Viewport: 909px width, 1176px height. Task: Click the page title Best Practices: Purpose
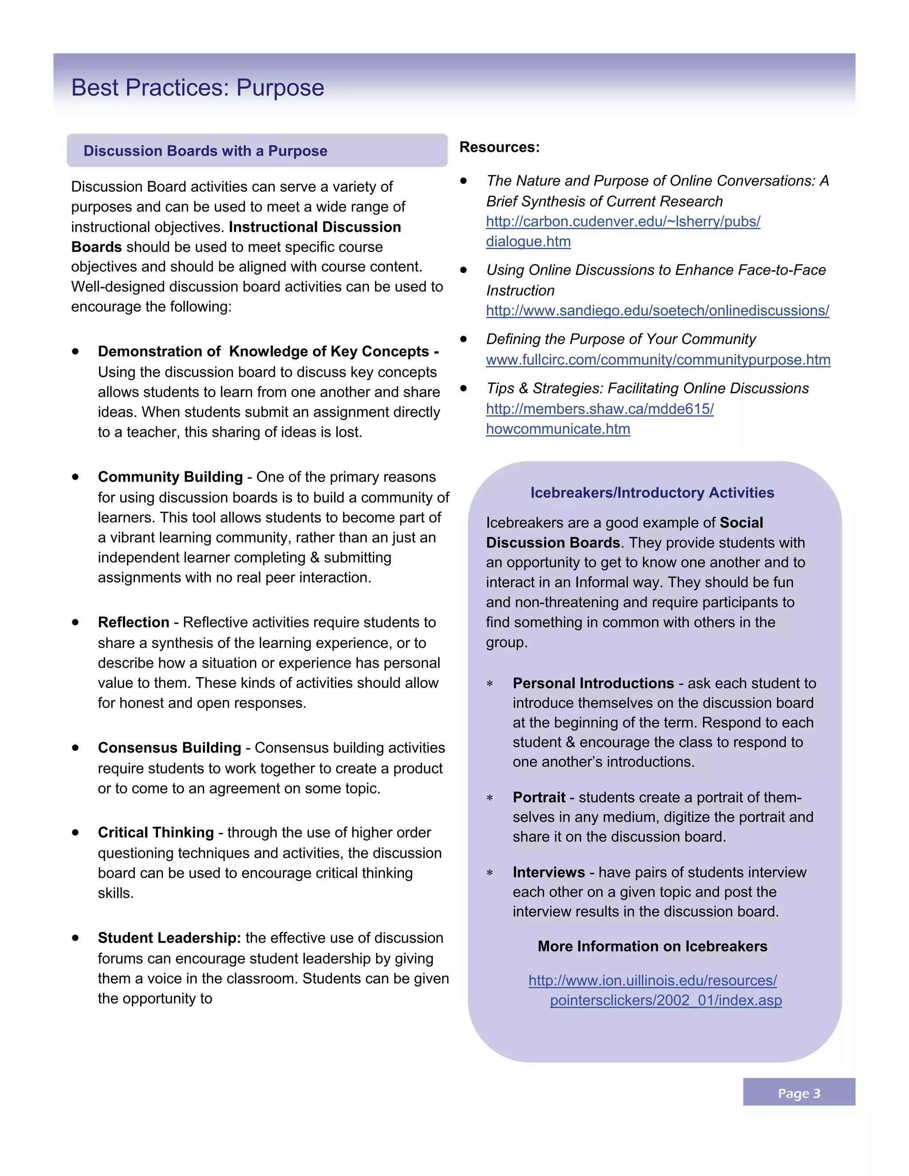[198, 88]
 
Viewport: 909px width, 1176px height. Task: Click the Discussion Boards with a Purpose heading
[205, 151]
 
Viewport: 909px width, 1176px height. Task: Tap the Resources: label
[499, 147]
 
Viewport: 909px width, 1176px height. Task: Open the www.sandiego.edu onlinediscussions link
[657, 311]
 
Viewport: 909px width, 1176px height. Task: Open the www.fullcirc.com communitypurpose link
[657, 360]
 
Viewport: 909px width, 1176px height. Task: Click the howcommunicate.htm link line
[558, 429]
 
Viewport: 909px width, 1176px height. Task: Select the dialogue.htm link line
[528, 241]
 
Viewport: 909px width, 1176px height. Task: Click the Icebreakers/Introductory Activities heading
[652, 493]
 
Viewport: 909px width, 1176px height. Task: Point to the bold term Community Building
[170, 477]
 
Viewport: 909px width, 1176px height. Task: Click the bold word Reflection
[134, 623]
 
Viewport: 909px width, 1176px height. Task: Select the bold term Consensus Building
[169, 748]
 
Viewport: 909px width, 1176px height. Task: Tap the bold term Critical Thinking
[156, 833]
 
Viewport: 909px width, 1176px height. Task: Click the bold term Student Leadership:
[169, 938]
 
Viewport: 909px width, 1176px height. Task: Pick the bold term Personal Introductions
[593, 683]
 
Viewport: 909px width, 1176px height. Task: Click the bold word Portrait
[538, 797]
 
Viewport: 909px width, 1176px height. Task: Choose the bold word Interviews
[548, 872]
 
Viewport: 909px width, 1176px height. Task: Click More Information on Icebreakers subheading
[652, 947]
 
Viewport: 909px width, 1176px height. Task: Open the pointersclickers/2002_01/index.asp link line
[666, 1000]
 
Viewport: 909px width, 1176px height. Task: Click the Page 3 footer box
[798, 1093]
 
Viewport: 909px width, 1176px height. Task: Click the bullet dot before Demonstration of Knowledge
[75, 351]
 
